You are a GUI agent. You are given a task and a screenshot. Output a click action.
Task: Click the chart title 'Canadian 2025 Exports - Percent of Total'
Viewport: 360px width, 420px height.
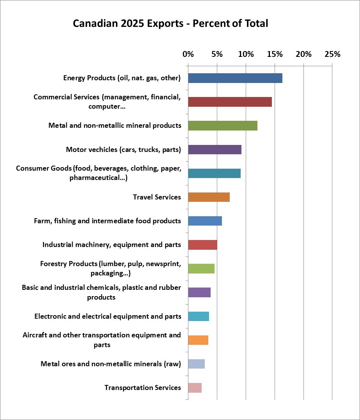pyautogui.click(x=170, y=24)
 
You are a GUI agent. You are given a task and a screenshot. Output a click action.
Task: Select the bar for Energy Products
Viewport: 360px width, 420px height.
pyautogui.click(x=235, y=78)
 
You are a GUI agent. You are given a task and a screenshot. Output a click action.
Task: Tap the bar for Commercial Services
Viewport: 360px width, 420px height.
pyautogui.click(x=230, y=102)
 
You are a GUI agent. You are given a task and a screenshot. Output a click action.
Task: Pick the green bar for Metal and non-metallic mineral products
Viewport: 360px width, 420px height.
pyautogui.click(x=223, y=126)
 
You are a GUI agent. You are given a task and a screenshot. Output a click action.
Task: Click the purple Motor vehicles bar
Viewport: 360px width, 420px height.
pyautogui.click(x=215, y=150)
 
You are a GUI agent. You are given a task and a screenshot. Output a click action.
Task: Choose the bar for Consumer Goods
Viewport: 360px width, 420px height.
pyautogui.click(x=214, y=173)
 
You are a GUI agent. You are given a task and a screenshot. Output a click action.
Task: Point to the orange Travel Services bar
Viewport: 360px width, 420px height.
pyautogui.click(x=209, y=197)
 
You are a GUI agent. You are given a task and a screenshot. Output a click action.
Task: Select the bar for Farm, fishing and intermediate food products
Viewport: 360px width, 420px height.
pyautogui.click(x=205, y=221)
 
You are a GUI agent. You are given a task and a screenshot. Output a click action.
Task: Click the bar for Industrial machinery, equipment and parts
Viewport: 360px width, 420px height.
pyautogui.click(x=202, y=245)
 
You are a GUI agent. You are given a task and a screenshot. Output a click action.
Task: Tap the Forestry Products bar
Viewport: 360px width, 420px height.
pyautogui.click(x=201, y=268)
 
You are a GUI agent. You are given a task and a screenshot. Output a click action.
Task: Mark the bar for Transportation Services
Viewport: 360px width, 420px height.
pyautogui.click(x=195, y=388)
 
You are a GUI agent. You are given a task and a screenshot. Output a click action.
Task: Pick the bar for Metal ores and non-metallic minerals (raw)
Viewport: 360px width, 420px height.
pyautogui.click(x=196, y=364)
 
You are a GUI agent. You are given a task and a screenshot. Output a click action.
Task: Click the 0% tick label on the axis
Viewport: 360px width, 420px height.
pyautogui.click(x=188, y=54)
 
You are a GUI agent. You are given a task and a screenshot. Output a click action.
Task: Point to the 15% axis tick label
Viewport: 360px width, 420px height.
pyautogui.click(x=275, y=54)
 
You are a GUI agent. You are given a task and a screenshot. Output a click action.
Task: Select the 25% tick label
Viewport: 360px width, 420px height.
pyautogui.click(x=332, y=54)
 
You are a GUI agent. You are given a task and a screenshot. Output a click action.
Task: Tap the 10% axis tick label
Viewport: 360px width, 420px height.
pyautogui.click(x=246, y=54)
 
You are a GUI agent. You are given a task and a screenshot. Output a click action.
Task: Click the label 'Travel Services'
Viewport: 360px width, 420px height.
pyautogui.click(x=157, y=197)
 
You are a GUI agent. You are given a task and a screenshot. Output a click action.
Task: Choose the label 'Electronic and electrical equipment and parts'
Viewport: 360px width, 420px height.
pyautogui.click(x=108, y=316)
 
